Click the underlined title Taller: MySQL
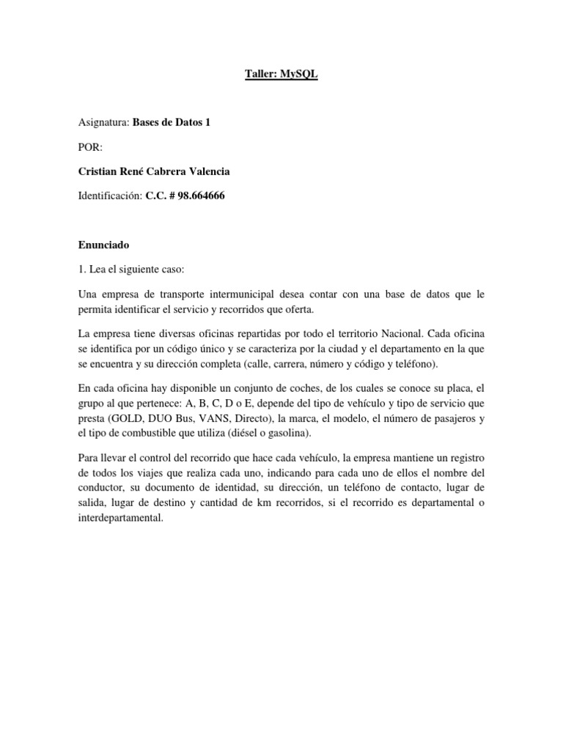pos(281,75)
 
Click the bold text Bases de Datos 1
pos(172,122)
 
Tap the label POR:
pos(91,147)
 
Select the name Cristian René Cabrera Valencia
pos(153,172)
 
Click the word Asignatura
pos(103,122)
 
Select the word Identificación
pos(108,197)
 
